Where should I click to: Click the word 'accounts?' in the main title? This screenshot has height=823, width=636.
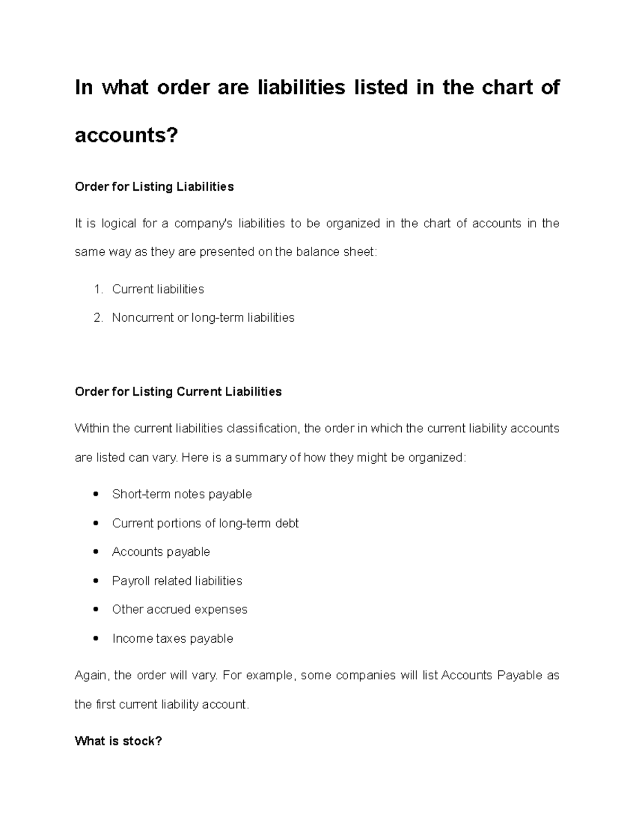point(127,136)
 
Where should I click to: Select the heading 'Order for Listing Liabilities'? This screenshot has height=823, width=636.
point(154,187)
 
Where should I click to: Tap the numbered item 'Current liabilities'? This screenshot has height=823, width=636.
point(158,289)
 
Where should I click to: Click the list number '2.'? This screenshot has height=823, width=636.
point(98,317)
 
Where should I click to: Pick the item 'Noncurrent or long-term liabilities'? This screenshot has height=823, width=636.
point(203,317)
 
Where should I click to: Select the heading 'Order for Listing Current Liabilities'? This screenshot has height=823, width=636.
point(178,392)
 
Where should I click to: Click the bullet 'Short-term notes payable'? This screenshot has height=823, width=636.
point(182,494)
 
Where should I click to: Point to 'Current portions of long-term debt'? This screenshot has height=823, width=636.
point(205,523)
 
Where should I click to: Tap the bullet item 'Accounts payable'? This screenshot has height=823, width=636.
point(161,552)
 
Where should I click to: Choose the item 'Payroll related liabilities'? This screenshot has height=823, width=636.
point(177,581)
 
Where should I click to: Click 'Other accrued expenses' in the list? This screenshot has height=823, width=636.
point(180,609)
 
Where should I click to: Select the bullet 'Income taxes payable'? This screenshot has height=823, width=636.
point(173,639)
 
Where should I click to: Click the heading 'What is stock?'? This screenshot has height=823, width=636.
point(118,741)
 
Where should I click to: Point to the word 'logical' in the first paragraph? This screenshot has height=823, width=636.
point(119,224)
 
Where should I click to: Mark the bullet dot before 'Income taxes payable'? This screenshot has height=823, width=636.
point(95,639)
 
